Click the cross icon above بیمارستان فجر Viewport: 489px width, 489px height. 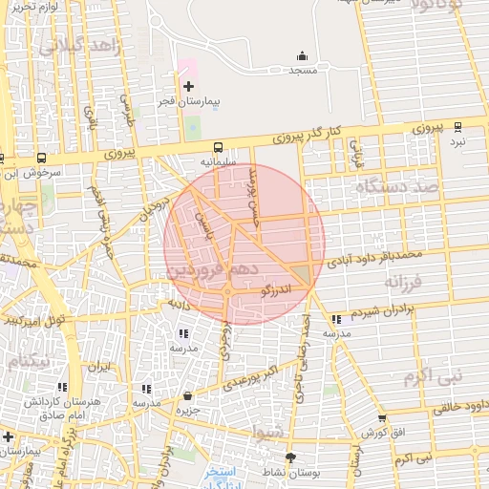(x=188, y=86)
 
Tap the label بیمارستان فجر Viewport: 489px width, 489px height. (x=189, y=100)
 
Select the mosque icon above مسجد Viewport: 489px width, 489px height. (x=303, y=56)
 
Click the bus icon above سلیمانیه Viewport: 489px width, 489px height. (x=219, y=147)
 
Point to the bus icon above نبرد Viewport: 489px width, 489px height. (x=457, y=126)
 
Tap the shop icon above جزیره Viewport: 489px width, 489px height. (x=187, y=395)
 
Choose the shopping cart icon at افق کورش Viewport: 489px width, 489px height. (x=383, y=418)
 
